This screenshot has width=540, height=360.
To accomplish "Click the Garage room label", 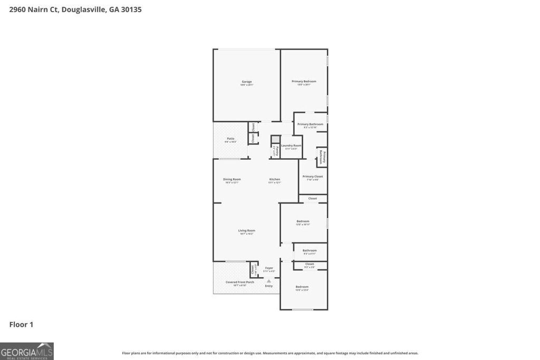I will point(247,82).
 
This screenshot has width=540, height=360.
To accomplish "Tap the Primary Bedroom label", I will point(304,82).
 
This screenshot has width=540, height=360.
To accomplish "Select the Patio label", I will point(230,139).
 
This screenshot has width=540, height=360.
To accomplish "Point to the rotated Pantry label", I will point(276,151).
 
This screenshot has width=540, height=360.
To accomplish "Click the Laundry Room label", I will point(291,145).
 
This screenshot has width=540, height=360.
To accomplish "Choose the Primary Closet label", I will point(312,177).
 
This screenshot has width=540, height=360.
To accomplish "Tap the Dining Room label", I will point(232,179).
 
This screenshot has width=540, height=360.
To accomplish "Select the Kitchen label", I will point(274,179).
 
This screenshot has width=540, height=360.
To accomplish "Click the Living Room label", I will point(246,230).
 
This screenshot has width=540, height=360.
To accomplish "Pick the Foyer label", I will point(269,268).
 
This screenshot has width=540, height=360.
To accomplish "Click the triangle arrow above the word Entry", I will point(269,281).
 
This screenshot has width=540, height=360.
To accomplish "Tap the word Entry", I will point(269,286).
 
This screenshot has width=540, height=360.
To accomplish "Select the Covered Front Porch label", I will point(240,282).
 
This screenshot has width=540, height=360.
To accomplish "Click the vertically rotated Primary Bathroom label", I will point(322,157).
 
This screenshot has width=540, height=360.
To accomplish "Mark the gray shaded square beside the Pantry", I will point(275,140).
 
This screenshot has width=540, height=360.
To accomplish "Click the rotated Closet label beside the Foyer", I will point(253,269).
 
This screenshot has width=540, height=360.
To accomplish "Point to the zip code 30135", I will point(131,9).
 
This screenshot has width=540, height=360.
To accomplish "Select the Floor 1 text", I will point(21,325).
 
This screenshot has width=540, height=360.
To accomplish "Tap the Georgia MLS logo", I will point(27,351).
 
